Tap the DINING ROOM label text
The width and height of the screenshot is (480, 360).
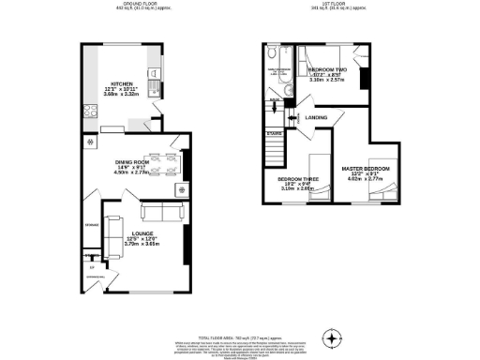coord(131,161)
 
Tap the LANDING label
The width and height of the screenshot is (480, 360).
coord(316,117)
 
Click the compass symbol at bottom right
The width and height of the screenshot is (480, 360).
coord(331,337)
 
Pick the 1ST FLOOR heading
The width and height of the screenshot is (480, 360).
coord(337,5)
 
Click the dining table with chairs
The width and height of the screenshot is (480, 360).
coord(156,164)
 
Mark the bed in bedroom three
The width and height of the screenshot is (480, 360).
coord(318,192)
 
